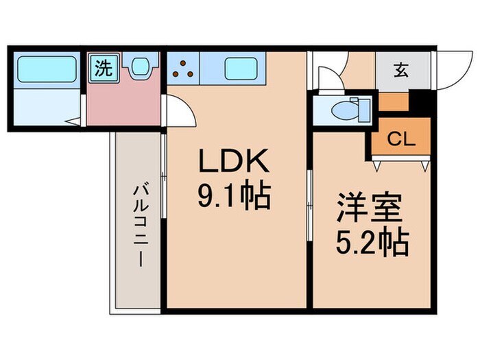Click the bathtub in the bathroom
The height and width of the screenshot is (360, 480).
(x=46, y=69)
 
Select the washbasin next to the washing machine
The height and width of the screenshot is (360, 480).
(x=141, y=67)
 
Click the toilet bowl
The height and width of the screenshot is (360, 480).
(x=341, y=109)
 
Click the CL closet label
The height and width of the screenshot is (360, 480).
(x=401, y=139)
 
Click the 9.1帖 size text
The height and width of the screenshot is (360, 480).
(x=234, y=197)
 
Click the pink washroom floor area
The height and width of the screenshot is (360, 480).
(x=123, y=103)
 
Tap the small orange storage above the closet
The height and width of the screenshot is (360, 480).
(x=393, y=102)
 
